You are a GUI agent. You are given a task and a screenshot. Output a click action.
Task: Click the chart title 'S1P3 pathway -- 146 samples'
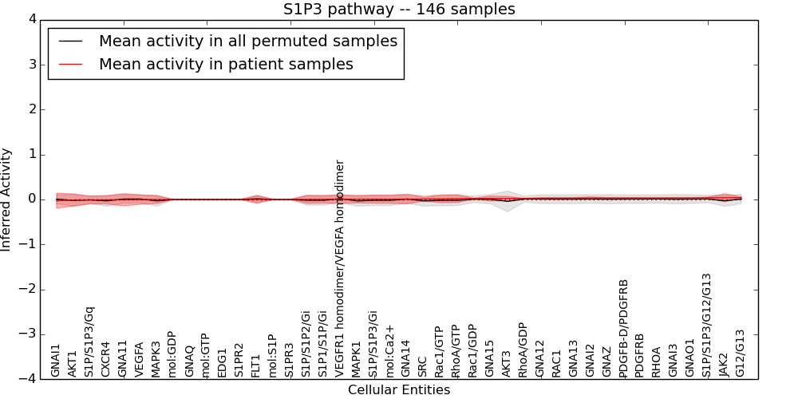point(399,10)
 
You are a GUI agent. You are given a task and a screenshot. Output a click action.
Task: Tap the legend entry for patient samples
point(226,64)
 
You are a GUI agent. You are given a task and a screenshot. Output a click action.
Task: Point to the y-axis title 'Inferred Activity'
point(7,199)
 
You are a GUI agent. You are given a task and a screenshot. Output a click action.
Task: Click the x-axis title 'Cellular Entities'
point(399,390)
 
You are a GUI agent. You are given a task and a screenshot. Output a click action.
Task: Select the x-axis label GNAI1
point(56,360)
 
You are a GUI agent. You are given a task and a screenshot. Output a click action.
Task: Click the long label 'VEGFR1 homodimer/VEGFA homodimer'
point(340,267)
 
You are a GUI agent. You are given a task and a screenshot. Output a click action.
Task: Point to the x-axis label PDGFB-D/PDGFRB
point(624,327)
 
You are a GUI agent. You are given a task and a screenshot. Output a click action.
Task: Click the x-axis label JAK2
point(724,364)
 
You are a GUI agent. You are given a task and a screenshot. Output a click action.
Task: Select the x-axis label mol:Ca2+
point(390,351)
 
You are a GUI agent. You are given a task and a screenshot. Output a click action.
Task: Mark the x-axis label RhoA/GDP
point(523,350)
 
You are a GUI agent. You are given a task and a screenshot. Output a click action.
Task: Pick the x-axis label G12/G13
point(741,354)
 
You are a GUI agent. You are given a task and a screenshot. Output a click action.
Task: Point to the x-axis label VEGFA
point(140,359)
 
